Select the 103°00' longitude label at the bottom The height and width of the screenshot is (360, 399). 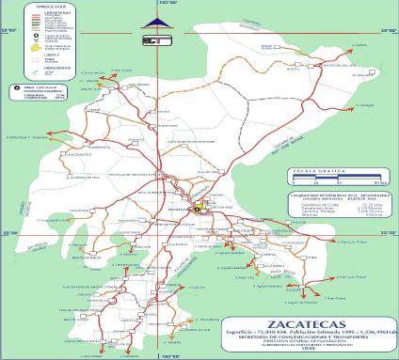(172, 356)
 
